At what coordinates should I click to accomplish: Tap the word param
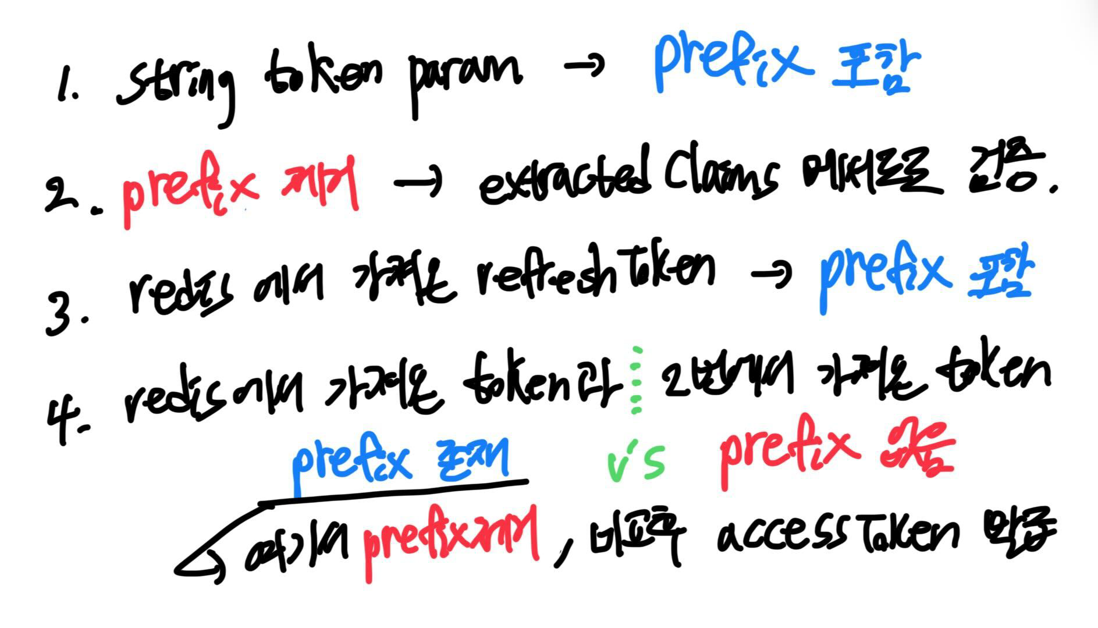(463, 79)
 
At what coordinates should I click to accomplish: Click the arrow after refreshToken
(772, 274)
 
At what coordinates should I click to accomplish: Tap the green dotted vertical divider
(637, 381)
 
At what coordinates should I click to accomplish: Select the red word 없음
(916, 454)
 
